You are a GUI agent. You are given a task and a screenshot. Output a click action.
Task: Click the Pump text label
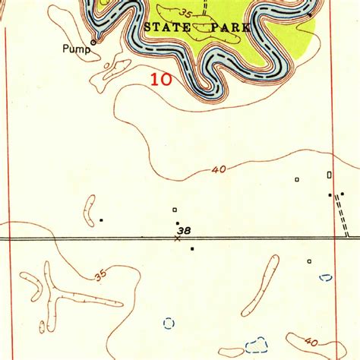(x=76, y=50)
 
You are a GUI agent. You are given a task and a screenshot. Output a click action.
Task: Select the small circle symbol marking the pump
(x=93, y=42)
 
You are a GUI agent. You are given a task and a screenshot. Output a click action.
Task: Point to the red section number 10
(x=160, y=78)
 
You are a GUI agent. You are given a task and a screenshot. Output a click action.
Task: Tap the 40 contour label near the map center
(x=219, y=170)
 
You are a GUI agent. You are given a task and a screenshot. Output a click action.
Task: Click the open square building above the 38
(x=175, y=209)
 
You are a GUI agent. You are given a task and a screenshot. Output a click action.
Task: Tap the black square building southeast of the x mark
(x=193, y=248)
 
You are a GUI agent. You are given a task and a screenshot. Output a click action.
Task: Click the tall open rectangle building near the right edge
(x=329, y=175)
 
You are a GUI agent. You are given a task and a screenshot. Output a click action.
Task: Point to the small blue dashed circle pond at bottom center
(x=169, y=323)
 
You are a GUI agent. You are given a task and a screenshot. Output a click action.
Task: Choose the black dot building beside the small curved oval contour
(x=101, y=220)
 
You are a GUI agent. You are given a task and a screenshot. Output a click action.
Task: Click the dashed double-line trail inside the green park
(x=204, y=9)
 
